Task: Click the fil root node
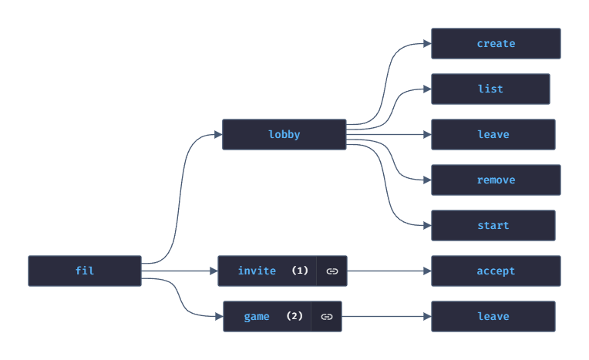pyautogui.click(x=85, y=271)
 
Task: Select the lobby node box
pyautogui.click(x=284, y=134)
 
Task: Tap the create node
pyautogui.click(x=496, y=44)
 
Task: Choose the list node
pyautogui.click(x=490, y=89)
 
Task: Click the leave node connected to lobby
pyautogui.click(x=493, y=134)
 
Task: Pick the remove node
pyautogui.click(x=496, y=180)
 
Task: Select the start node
pyautogui.click(x=493, y=225)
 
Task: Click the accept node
pyautogui.click(x=496, y=271)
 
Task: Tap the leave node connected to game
pyautogui.click(x=493, y=316)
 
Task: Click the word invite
pyautogui.click(x=257, y=271)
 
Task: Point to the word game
pyautogui.click(x=257, y=316)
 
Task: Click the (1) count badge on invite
pyautogui.click(x=300, y=271)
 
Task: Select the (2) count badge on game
pyautogui.click(x=294, y=316)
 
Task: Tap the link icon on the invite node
pyautogui.click(x=332, y=271)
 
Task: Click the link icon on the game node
pyautogui.click(x=327, y=317)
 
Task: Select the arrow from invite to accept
pyautogui.click(x=389, y=271)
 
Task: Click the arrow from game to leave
pyautogui.click(x=385, y=316)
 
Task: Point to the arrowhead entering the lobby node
pyautogui.click(x=218, y=134)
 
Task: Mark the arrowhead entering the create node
pyautogui.click(x=427, y=44)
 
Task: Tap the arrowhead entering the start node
pyautogui.click(x=427, y=225)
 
